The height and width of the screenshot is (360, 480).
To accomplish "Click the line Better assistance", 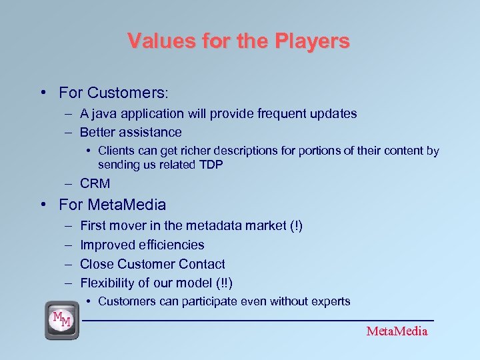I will (x=131, y=133).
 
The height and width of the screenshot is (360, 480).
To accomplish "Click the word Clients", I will (x=116, y=151).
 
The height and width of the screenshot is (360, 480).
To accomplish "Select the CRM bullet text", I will (x=95, y=183).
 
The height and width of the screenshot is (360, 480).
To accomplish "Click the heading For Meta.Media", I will (x=112, y=205).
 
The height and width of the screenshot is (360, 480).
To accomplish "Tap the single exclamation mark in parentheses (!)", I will (x=295, y=226).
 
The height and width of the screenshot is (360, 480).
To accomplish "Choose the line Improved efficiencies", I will (x=142, y=245).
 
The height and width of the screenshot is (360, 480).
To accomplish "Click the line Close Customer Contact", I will (x=152, y=264).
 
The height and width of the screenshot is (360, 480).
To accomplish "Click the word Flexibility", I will (x=105, y=283).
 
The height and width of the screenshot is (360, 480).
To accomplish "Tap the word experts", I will (x=329, y=301).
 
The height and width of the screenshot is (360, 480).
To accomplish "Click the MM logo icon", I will (x=62, y=321).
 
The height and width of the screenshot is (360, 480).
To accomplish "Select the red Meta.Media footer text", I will (x=397, y=331).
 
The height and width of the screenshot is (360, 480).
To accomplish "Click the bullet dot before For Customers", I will (x=43, y=92).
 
